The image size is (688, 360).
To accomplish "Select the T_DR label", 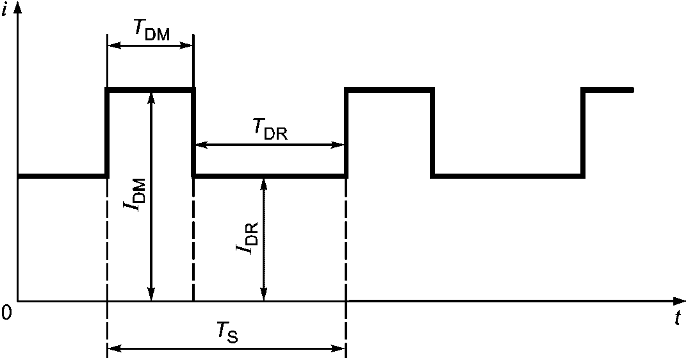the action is [269, 129].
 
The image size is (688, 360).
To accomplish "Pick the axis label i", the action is [5, 9].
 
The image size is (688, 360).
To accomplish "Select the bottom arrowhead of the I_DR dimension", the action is [263, 294].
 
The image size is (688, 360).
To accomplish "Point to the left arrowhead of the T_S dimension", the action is [115, 349].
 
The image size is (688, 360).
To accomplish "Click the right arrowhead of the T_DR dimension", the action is [338, 144].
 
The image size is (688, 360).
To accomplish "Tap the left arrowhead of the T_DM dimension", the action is [115, 45].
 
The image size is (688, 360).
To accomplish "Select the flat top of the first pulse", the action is [150, 90].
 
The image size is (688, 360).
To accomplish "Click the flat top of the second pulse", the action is [389, 90].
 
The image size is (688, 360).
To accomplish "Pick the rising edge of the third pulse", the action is [583, 133].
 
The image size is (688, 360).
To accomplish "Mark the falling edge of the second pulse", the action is [432, 133].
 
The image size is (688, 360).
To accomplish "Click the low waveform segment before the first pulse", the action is [63, 176].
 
